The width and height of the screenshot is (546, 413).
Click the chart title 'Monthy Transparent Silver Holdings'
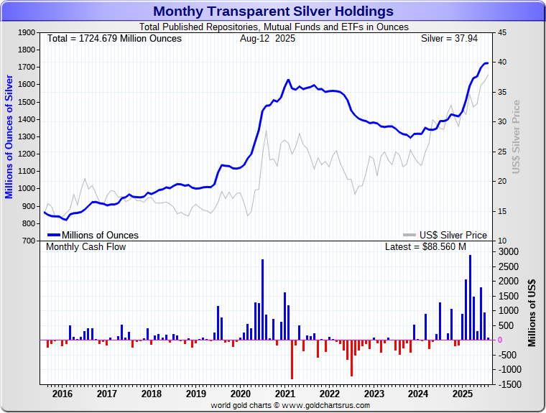273,11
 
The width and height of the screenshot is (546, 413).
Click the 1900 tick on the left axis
26,33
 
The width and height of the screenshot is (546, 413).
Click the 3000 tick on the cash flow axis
508,252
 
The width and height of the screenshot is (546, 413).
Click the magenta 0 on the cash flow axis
500,340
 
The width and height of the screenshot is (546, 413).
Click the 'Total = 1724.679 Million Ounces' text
114,38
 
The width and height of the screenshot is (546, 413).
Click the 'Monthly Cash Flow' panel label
85,247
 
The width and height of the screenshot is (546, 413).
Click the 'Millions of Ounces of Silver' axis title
9,136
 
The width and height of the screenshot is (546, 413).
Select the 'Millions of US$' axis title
532,313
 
